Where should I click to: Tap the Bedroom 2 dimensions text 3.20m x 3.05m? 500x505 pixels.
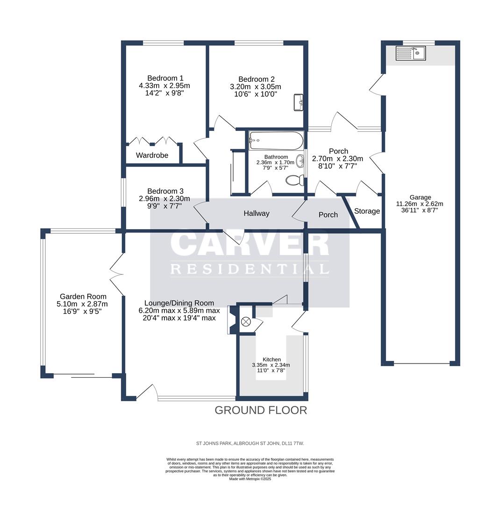coord(256,87)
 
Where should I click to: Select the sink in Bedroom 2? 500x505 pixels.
coord(299,102)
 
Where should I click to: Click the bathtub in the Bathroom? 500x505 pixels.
coord(276,140)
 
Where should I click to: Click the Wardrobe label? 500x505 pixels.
coord(152,155)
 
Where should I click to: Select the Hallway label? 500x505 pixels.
coord(257,213)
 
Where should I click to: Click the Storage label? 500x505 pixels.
coord(367,211)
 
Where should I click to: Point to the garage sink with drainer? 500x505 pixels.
coord(411,53)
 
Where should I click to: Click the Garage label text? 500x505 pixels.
coord(420,197)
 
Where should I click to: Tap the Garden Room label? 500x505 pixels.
coord(83,296)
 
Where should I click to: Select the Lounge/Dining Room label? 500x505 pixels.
coord(179,303)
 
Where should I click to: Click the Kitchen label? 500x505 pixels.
coord(271,360)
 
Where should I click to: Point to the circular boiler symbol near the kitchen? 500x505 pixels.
coord(246,322)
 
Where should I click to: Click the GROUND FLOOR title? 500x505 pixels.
coord(261,411)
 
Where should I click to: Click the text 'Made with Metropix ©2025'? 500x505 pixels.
coord(250,479)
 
